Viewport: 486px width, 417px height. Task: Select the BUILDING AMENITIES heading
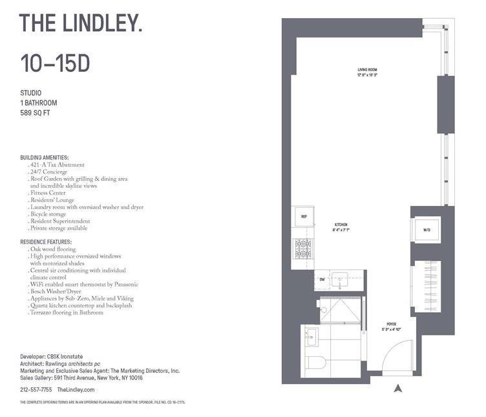(45, 157)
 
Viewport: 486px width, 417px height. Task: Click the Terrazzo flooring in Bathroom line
(67, 313)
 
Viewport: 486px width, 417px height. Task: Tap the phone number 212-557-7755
(36, 390)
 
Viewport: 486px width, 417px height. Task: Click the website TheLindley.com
(76, 390)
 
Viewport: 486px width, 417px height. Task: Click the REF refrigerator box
(304, 217)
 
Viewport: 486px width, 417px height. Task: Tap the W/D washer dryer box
(427, 230)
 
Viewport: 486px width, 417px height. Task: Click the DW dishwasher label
(304, 279)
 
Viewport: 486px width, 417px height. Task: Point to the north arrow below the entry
(398, 389)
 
